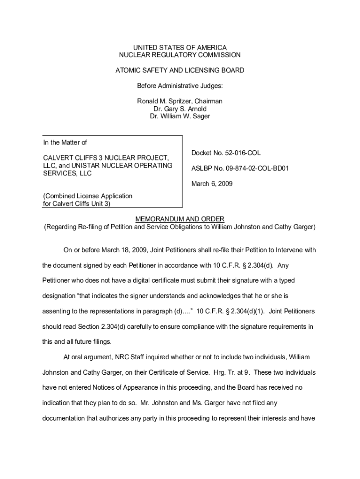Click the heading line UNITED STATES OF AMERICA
180,48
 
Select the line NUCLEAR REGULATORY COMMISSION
180,55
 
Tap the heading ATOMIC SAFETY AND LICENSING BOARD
180,71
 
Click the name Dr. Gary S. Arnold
180,109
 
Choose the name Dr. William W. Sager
180,116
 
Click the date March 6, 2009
212,184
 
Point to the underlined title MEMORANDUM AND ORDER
180,219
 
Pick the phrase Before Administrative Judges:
180,86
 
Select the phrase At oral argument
87,357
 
